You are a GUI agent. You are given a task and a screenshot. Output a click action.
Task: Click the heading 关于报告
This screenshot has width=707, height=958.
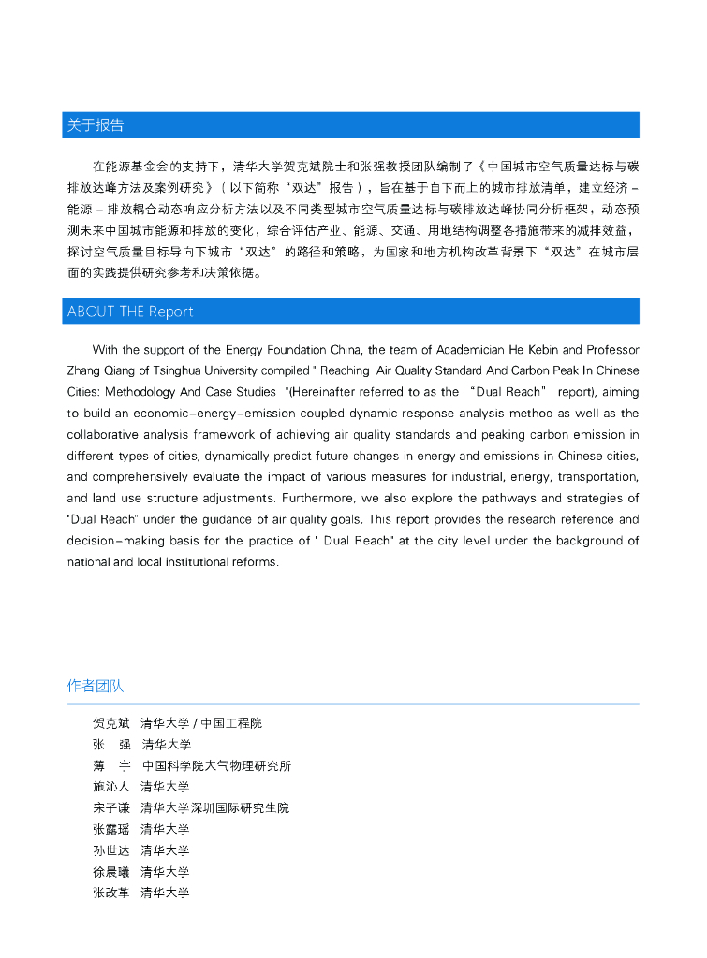click(x=96, y=125)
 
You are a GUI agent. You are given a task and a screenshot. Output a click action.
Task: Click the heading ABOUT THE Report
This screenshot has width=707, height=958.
click(x=130, y=312)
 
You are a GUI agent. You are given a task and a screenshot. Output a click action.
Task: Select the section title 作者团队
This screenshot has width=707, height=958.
click(x=96, y=686)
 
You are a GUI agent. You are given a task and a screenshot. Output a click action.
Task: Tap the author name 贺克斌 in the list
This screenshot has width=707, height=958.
click(x=111, y=723)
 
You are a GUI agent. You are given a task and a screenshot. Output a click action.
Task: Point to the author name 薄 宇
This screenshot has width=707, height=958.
click(x=111, y=765)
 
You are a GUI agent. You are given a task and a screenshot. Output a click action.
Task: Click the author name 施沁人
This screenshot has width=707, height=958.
click(x=111, y=787)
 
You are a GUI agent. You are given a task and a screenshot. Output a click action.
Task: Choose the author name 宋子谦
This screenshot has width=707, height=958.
click(x=111, y=808)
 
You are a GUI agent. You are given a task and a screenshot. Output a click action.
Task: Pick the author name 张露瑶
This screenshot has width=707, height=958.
click(x=111, y=830)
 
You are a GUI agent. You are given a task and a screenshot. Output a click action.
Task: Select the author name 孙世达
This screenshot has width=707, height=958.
click(x=111, y=850)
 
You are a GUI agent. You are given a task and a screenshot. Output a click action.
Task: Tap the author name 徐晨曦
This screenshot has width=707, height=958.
click(x=111, y=872)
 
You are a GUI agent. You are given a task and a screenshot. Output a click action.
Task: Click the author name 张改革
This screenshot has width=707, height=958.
click(x=111, y=893)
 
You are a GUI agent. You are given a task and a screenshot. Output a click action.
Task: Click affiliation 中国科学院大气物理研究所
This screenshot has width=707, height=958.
click(x=216, y=765)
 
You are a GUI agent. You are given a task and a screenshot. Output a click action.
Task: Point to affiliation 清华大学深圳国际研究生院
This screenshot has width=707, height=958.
click(x=214, y=808)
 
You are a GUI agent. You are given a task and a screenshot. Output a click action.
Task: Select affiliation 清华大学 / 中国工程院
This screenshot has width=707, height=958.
click(x=201, y=723)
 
